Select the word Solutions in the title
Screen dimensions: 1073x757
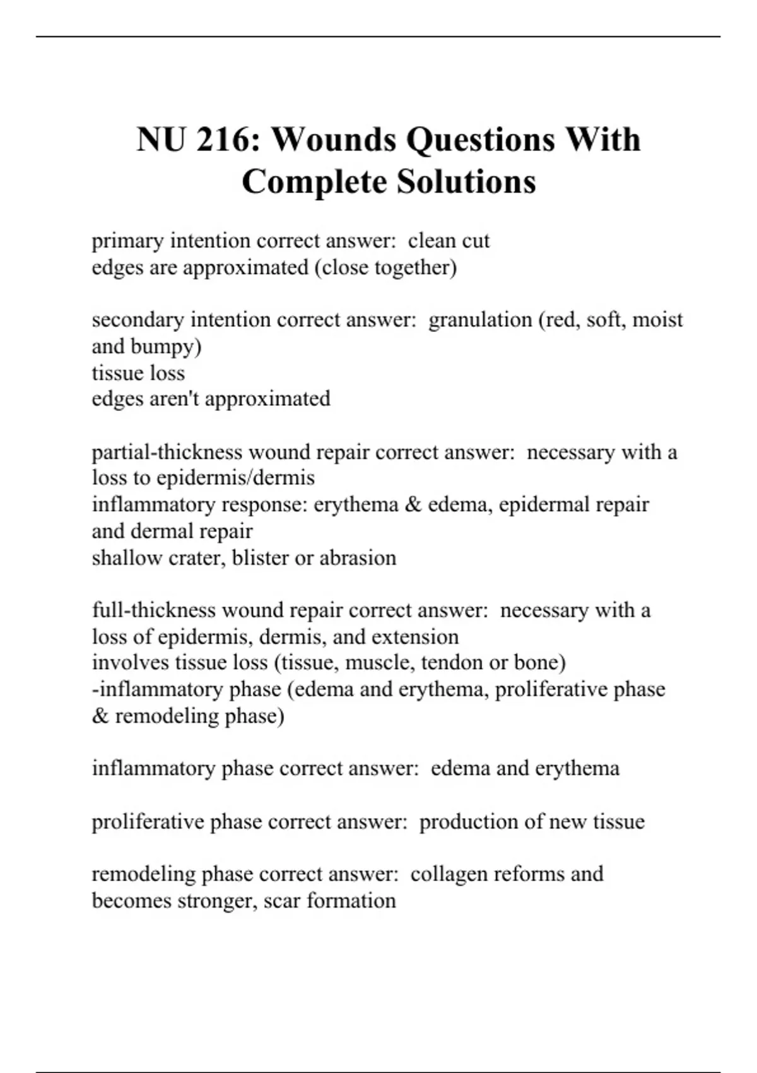pyautogui.click(x=466, y=182)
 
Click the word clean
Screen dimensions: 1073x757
pyautogui.click(x=432, y=241)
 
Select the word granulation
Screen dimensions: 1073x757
pyautogui.click(x=480, y=320)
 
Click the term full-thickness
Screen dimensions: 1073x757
pyautogui.click(x=154, y=610)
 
